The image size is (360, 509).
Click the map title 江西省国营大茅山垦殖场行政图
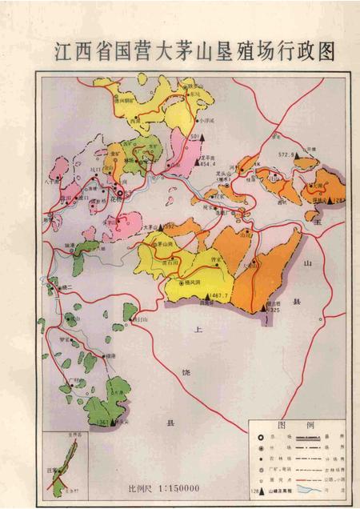coord(192,51)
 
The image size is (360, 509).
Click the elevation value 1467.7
coord(217,297)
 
